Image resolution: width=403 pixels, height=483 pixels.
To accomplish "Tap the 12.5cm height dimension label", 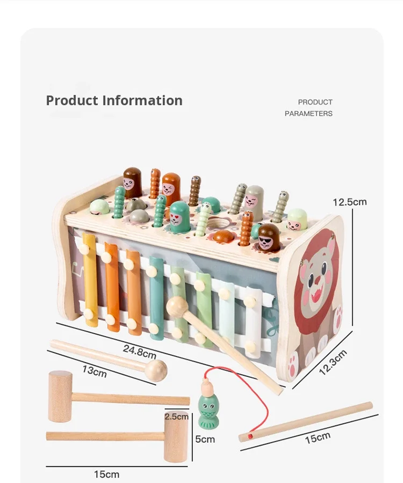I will (x=349, y=202).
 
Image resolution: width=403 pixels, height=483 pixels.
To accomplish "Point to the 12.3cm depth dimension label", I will (x=333, y=363).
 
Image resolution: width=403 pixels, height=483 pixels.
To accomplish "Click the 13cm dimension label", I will (x=94, y=370).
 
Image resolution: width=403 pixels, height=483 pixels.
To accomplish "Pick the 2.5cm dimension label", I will (x=176, y=416).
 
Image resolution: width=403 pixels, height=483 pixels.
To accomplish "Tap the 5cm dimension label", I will (x=205, y=439).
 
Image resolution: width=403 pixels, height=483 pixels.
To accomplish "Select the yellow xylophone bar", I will (x=90, y=279).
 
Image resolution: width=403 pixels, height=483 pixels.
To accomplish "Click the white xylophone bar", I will (x=253, y=317).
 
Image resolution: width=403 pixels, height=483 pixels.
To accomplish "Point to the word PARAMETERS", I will (x=308, y=113).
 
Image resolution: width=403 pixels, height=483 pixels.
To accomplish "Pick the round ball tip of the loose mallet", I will (x=157, y=370).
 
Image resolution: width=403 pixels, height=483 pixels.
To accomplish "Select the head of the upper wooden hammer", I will (x=60, y=396).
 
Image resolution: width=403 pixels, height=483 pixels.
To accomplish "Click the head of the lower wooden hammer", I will (x=176, y=437).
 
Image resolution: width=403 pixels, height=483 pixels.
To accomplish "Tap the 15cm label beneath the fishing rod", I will (x=318, y=437).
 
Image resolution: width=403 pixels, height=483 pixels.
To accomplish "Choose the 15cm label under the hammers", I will (x=106, y=474).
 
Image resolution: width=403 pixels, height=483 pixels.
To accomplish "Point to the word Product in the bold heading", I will (x=72, y=100).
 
